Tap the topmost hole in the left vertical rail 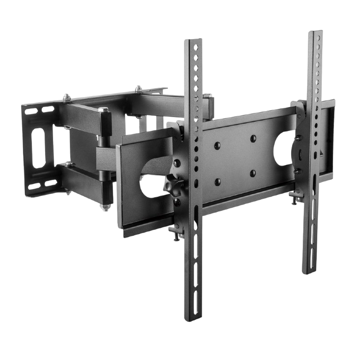tap(194, 46)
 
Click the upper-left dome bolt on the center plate tap(218, 144)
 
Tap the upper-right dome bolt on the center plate tap(252, 138)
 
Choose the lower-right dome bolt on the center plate tap(253, 173)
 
